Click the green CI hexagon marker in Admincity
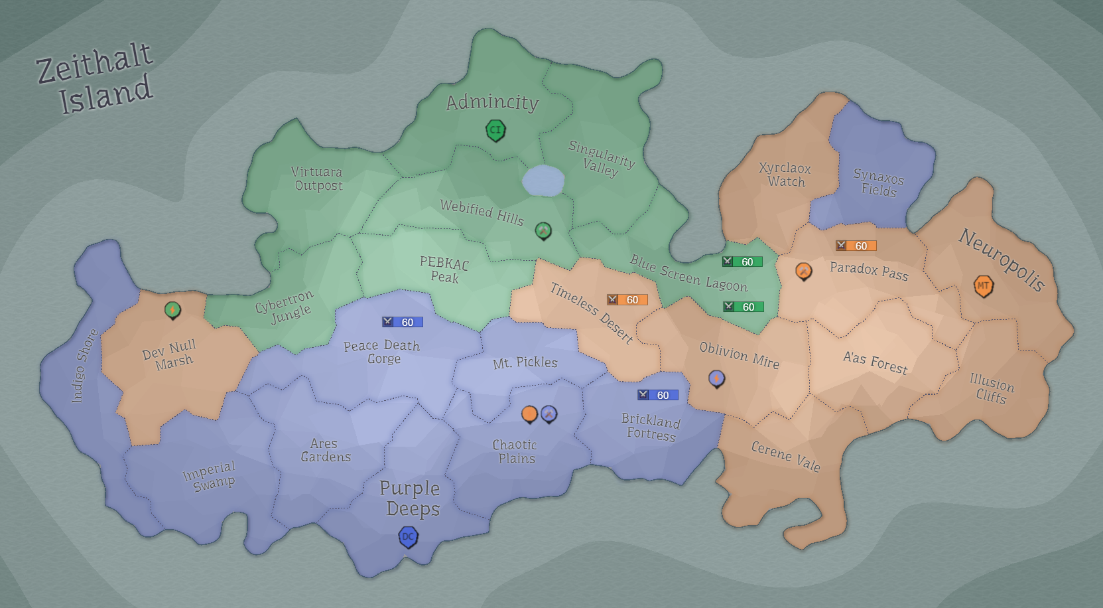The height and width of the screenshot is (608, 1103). pos(495,130)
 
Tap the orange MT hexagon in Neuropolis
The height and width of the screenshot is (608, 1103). pos(983,286)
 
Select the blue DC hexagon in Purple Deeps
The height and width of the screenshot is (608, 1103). pos(408,537)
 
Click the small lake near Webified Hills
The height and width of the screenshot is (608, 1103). pos(543,181)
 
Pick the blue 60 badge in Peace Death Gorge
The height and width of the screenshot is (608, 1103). pos(402,322)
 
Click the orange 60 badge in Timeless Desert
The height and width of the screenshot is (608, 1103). pos(627,300)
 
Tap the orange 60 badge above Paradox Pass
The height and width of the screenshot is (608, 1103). pos(856,246)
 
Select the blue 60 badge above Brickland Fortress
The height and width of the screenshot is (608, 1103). pos(657,395)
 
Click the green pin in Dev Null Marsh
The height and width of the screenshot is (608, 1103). pos(172,309)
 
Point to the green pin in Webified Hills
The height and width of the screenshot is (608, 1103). pos(543,230)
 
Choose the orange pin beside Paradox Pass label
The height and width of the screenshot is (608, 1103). pos(803,271)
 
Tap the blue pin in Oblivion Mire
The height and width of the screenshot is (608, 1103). pos(716,378)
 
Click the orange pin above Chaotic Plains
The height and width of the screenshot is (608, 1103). pos(529,414)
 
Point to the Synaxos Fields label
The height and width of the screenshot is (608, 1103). pos(878,183)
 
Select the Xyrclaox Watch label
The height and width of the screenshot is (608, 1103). pos(785,175)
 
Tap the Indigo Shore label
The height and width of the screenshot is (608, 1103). pos(84,366)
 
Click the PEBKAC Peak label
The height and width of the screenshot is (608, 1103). pos(444,269)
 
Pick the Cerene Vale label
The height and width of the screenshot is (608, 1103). pos(786,456)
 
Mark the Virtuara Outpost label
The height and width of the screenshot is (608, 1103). pos(318,179)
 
